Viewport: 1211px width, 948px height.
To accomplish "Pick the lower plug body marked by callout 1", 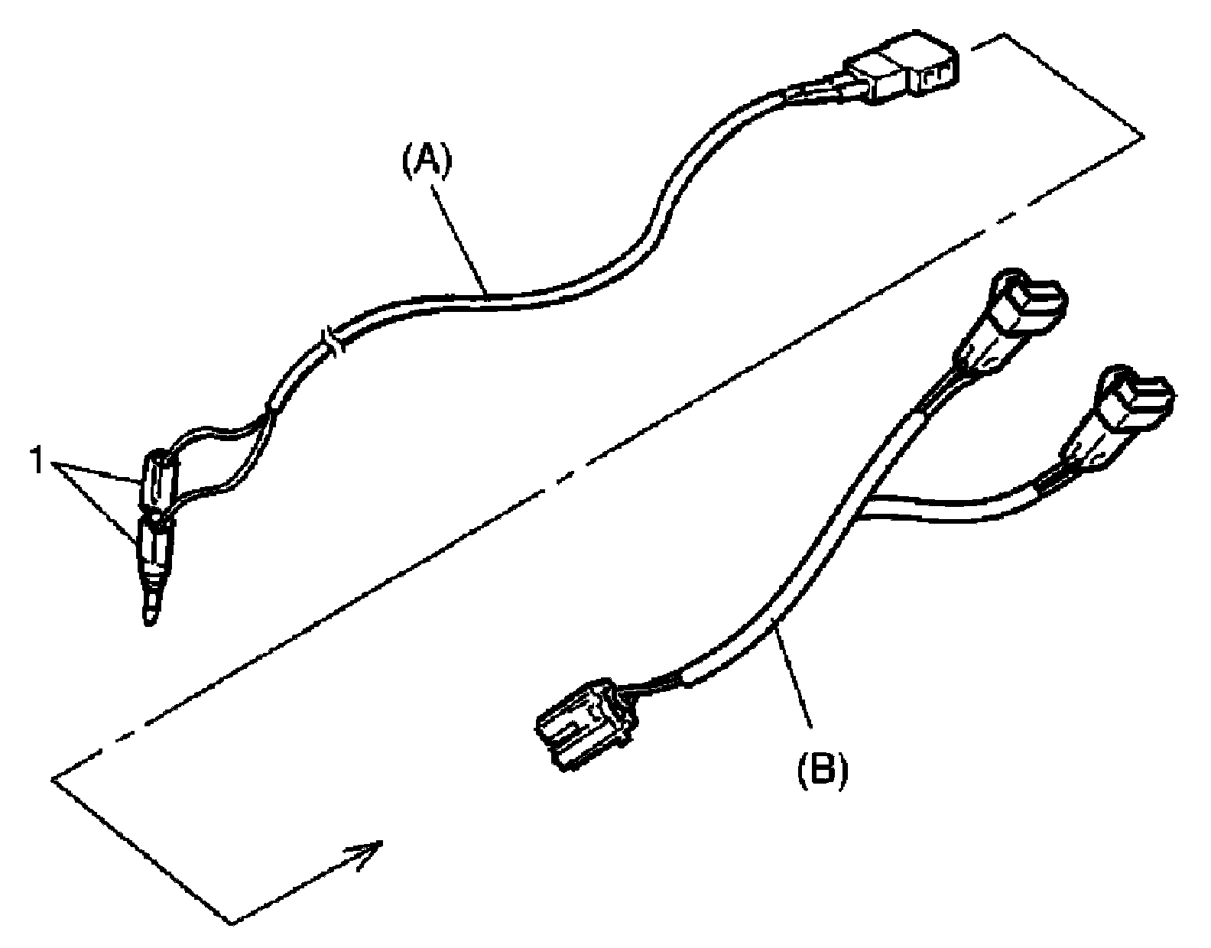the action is click(154, 550).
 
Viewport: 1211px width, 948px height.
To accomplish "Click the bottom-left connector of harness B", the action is click(582, 723).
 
